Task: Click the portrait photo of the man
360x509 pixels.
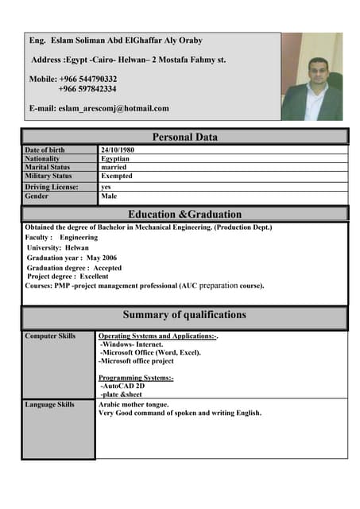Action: coord(312,76)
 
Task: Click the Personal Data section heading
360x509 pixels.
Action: coord(184,137)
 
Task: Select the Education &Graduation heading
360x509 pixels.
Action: coord(184,214)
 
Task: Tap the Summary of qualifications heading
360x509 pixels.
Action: coord(184,315)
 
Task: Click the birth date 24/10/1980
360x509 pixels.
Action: coord(118,150)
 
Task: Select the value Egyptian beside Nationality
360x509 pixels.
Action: coord(115,158)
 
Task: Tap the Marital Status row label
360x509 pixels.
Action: coord(48,167)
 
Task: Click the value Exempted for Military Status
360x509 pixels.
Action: coord(117,176)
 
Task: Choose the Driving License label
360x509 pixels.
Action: coord(52,187)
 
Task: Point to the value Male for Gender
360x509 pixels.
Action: coord(109,196)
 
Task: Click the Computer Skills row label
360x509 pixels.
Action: coord(50,336)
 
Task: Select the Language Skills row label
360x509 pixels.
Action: coord(50,405)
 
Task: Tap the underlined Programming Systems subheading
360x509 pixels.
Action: coord(136,377)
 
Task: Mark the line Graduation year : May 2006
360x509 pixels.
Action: coord(72,258)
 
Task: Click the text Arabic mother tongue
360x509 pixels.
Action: coord(133,405)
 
